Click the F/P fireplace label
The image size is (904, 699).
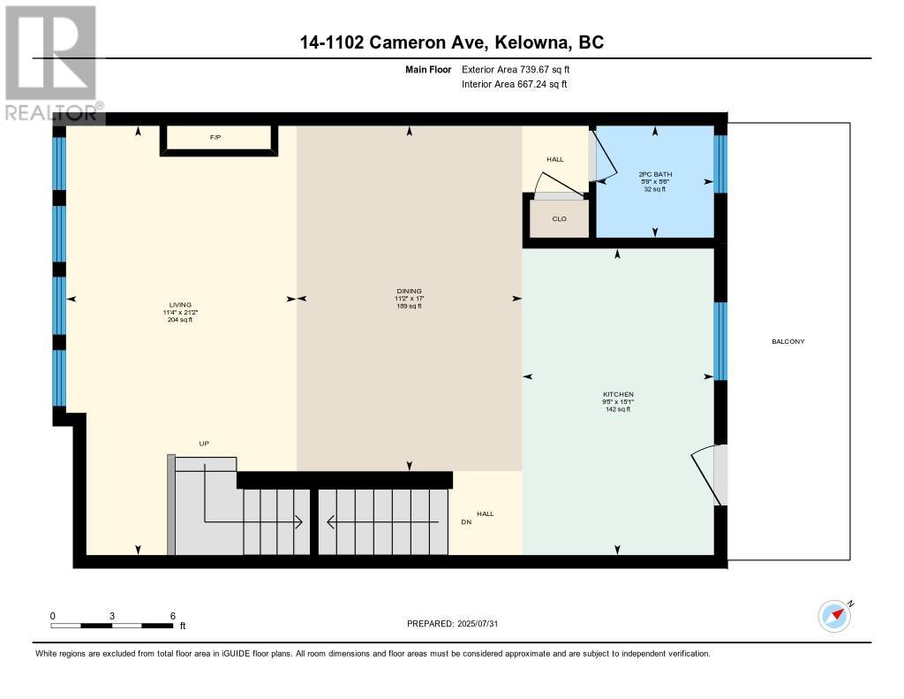tap(215, 137)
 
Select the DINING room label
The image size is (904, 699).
tap(410, 291)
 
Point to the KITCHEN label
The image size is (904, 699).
tap(619, 394)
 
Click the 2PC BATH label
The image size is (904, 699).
tap(655, 174)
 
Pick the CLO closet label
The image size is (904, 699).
tap(559, 219)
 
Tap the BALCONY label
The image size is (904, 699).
tap(788, 341)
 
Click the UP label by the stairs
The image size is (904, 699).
tap(204, 444)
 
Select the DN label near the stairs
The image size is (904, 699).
tap(466, 521)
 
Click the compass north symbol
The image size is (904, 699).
tap(835, 616)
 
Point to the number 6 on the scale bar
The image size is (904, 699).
tap(172, 616)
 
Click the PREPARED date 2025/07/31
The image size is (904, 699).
tap(478, 623)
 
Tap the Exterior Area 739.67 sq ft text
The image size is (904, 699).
tap(516, 69)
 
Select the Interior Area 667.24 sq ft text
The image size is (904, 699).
tap(515, 84)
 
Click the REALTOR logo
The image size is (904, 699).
tap(52, 63)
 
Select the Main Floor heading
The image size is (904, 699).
tap(428, 69)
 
